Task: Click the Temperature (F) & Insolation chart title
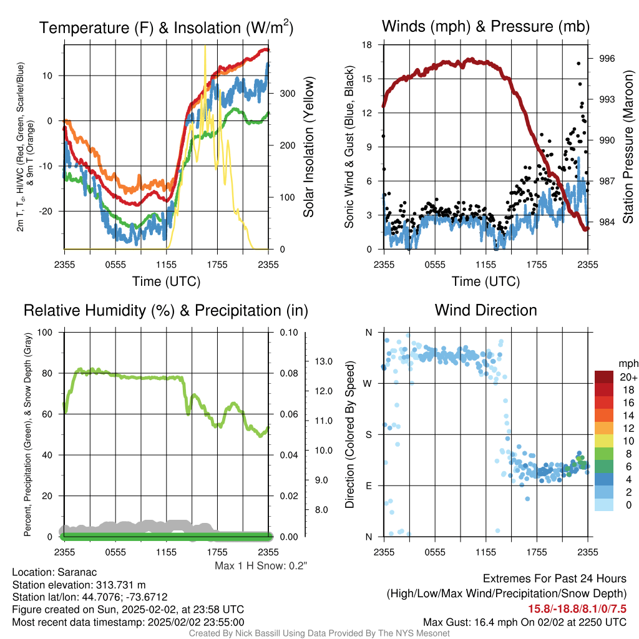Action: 166,27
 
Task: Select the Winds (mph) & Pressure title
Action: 485,26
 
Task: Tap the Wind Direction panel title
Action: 485,310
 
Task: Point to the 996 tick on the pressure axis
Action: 607,59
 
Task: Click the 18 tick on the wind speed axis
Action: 367,45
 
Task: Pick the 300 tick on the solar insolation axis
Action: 288,94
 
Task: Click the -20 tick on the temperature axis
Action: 45,211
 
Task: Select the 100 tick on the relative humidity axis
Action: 45,332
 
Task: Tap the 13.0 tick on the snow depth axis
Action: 324,361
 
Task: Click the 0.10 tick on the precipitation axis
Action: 289,332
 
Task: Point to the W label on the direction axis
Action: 368,384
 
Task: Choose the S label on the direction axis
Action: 368,434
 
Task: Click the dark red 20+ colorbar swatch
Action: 604,377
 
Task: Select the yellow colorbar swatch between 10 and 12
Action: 604,441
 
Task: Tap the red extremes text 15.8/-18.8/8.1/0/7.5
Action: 577,609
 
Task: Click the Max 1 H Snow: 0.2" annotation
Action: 261,565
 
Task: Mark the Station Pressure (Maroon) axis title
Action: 628,147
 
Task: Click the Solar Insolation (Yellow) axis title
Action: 308,147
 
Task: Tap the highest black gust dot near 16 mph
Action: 578,64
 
